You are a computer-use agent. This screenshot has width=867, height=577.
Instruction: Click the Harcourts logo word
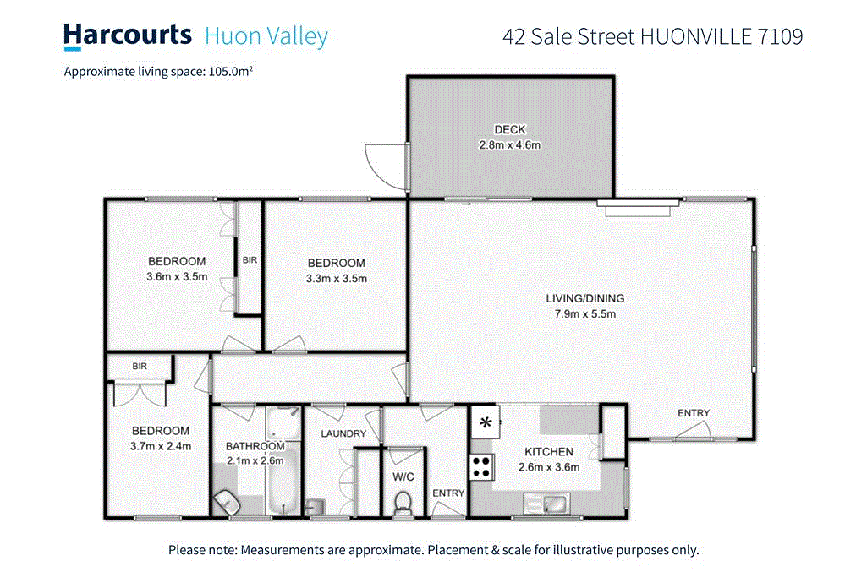128,35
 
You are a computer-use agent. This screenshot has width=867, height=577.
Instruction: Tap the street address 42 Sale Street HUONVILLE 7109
652,36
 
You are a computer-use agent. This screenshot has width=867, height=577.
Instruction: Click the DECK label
510,130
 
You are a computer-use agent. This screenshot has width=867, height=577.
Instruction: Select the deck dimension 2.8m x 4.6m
510,144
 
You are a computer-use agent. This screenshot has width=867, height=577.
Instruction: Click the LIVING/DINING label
584,298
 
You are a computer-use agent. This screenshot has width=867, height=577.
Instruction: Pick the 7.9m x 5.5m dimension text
584,314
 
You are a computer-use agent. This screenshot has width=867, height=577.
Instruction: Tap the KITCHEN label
549,452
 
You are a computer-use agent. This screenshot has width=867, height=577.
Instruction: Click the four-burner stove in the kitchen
482,465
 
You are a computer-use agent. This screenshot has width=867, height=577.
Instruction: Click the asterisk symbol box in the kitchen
486,422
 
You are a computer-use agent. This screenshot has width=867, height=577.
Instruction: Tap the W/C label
403,477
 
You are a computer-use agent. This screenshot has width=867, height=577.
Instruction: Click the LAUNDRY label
343,434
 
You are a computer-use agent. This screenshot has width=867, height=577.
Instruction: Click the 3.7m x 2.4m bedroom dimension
161,446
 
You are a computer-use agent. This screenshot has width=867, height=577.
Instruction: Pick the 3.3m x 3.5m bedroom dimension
337,278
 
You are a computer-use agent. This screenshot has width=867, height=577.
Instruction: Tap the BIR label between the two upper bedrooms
250,260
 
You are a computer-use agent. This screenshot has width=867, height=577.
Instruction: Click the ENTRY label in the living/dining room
694,413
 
